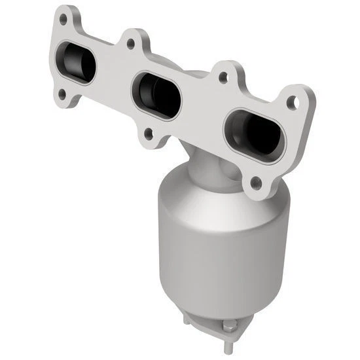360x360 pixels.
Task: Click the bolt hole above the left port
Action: point(63,20)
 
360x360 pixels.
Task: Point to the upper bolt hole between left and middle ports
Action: point(132,45)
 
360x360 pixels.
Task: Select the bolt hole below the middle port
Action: point(149,134)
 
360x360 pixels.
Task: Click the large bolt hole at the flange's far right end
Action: point(295,103)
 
